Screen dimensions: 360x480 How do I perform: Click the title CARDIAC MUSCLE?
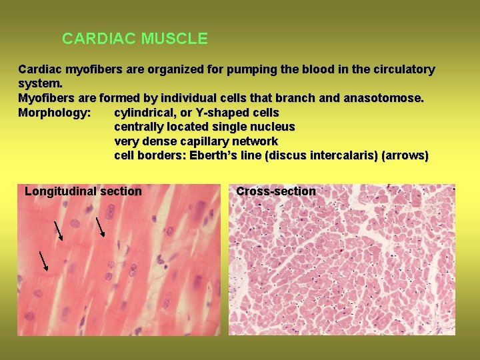[135, 39]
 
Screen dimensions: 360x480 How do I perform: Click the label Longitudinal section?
[83, 192]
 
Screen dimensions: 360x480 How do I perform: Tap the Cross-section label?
[276, 192]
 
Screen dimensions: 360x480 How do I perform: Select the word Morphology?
[55, 113]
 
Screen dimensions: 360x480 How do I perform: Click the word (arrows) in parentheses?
[405, 156]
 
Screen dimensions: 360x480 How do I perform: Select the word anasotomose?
[383, 98]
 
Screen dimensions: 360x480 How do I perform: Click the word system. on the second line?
[41, 84]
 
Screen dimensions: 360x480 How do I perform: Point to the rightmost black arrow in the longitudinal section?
[101, 227]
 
